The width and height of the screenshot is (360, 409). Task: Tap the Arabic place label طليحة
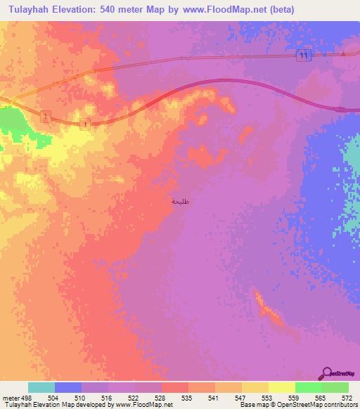click(181, 201)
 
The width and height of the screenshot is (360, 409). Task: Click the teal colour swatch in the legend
click(41, 387)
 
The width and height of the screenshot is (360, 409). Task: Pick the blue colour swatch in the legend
click(68, 387)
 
